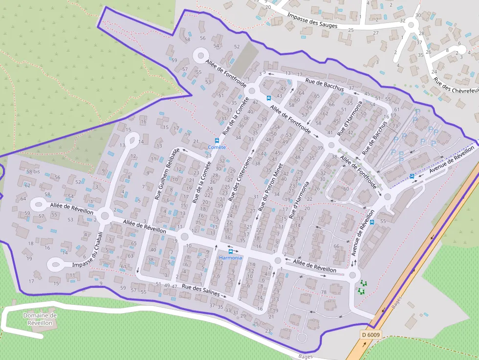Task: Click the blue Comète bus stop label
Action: (217, 147)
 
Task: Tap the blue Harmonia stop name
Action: (230, 258)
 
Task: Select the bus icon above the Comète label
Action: (217, 141)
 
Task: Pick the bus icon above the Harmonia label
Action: (231, 251)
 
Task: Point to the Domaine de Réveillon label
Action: (40, 319)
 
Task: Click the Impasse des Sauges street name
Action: (312, 21)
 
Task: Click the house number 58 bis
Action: (33, 171)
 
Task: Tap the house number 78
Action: (324, 292)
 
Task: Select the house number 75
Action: (198, 222)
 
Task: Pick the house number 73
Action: (395, 126)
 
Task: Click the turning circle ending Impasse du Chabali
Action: (55, 265)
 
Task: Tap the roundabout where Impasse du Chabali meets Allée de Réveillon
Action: (104, 215)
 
